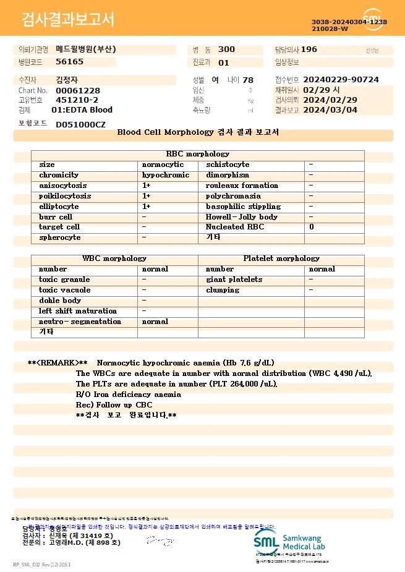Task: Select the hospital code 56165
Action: click(69, 62)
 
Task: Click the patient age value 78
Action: click(248, 80)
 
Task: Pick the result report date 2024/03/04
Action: click(339, 110)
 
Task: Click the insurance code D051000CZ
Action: click(80, 125)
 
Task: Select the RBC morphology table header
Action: click(198, 154)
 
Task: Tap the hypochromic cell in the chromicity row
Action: click(166, 175)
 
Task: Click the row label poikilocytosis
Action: click(65, 196)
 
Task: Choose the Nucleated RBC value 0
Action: click(312, 227)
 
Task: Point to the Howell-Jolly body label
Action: click(242, 217)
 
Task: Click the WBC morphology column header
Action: click(114, 258)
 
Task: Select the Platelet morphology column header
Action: click(281, 258)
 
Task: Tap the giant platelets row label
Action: click(234, 280)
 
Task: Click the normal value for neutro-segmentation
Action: click(155, 322)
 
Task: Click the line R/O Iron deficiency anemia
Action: click(129, 394)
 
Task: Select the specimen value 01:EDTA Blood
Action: click(82, 110)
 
